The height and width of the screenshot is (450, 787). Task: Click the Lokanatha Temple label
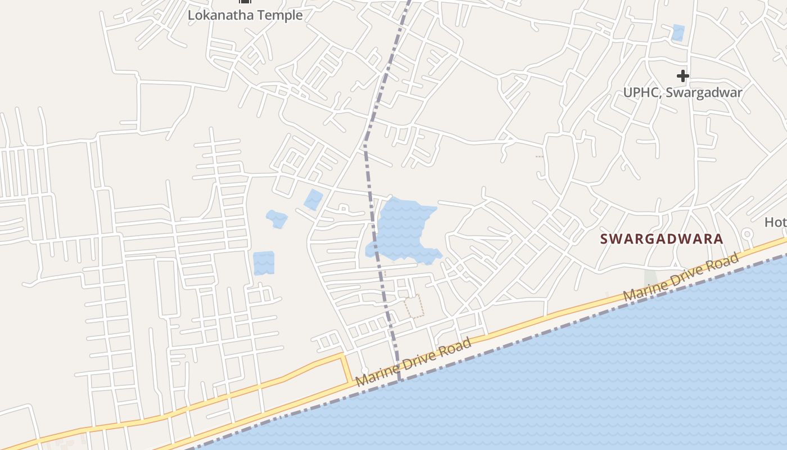tap(245, 15)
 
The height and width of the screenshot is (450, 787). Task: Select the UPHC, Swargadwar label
tap(682, 92)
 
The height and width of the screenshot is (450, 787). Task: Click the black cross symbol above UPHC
tap(682, 76)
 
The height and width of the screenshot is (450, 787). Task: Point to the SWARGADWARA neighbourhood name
tap(662, 238)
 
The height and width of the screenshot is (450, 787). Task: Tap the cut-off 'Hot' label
tap(776, 222)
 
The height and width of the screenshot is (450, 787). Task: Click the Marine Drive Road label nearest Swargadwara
tap(680, 277)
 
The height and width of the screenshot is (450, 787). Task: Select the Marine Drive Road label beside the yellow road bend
tap(413, 362)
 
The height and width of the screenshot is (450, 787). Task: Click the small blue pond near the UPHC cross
tap(678, 33)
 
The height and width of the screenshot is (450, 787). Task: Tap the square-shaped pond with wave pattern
tap(263, 263)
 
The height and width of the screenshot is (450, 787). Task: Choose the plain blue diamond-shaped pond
tap(313, 199)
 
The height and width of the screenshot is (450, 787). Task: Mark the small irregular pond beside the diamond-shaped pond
tap(277, 218)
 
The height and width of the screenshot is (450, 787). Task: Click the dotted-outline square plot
tap(414, 306)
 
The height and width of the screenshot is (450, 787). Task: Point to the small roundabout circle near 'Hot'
tap(747, 234)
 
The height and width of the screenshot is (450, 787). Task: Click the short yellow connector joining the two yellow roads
tap(346, 368)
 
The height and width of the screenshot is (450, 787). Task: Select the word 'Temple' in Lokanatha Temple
tap(279, 15)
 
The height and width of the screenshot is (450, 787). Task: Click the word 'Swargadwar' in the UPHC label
tap(704, 92)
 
